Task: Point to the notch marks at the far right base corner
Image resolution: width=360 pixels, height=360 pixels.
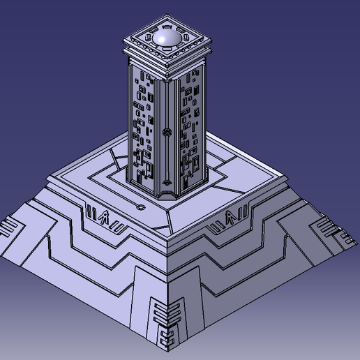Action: pos(328,229)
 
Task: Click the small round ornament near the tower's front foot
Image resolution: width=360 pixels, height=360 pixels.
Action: pos(170,184)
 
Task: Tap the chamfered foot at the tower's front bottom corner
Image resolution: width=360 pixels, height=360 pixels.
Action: pos(168,197)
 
